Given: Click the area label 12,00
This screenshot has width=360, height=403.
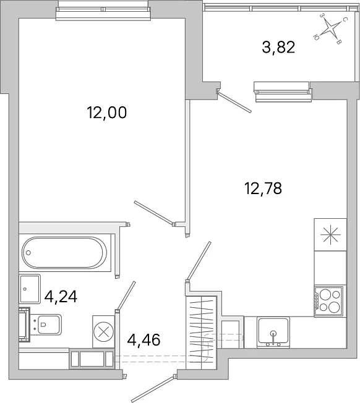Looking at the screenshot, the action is [x=107, y=112].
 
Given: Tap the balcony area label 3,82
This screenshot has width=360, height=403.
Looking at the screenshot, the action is [x=278, y=48].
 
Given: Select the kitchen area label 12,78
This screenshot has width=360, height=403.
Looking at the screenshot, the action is [x=263, y=188].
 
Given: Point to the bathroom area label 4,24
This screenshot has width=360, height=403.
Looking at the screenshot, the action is [x=61, y=297].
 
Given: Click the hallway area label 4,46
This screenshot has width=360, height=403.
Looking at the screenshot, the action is [x=144, y=340].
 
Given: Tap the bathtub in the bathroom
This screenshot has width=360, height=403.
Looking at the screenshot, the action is [x=64, y=253].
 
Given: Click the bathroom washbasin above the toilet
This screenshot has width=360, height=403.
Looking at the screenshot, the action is [x=30, y=289].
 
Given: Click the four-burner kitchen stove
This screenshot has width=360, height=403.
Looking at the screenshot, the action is [x=328, y=301].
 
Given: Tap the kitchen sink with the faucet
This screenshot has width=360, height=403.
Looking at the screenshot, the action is [x=273, y=333].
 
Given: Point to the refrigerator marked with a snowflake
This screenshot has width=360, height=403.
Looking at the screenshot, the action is [x=330, y=235].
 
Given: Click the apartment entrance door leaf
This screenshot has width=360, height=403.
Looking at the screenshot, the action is [x=154, y=389].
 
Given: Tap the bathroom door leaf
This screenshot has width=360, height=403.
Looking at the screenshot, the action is [x=126, y=295].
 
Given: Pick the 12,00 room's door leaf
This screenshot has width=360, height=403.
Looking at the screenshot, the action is [x=154, y=213].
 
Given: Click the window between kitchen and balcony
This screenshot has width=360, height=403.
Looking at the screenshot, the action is [x=283, y=92].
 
